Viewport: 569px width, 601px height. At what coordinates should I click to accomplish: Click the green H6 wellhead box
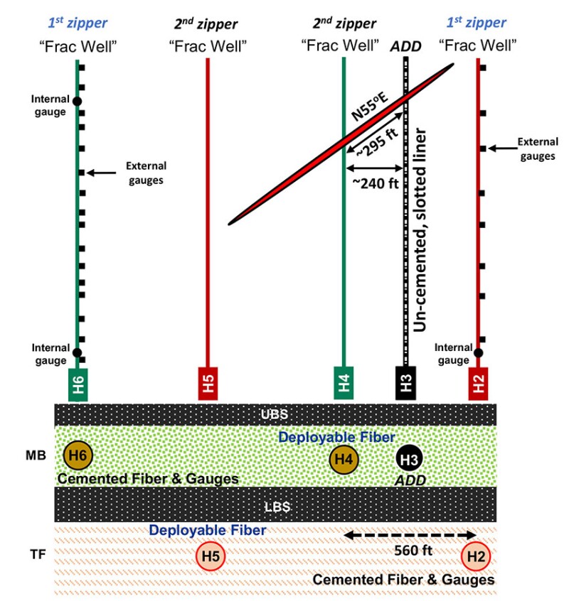click(x=78, y=384)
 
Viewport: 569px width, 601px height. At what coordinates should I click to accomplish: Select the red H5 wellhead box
click(x=207, y=384)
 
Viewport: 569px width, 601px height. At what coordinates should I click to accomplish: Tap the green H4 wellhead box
click(x=344, y=384)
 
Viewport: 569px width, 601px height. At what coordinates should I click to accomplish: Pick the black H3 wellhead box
click(x=405, y=384)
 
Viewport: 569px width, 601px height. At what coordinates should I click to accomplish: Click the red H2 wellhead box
click(x=478, y=384)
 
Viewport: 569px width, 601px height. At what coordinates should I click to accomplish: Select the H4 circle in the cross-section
click(x=344, y=460)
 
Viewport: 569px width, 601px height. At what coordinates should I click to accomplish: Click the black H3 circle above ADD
click(x=409, y=460)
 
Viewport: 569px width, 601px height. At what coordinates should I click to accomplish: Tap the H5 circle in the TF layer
click(x=210, y=556)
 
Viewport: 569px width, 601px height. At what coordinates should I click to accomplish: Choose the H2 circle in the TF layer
click(x=475, y=556)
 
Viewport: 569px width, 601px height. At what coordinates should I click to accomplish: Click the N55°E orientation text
click(x=370, y=108)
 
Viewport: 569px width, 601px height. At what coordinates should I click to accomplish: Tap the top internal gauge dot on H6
click(x=78, y=101)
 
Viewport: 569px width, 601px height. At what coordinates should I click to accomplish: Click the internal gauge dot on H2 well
click(x=479, y=352)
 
